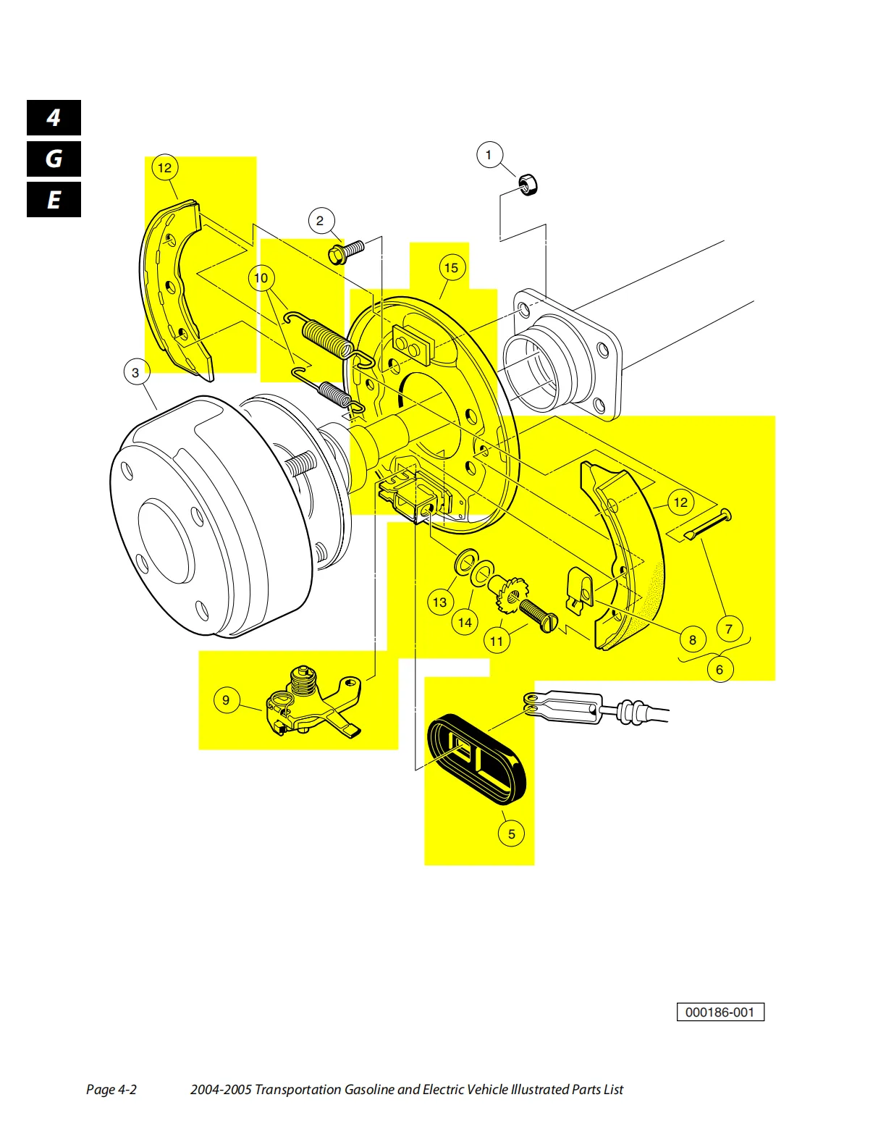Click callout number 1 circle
[489, 155]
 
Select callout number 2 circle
[320, 221]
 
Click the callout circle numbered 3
[135, 373]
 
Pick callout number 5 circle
[511, 833]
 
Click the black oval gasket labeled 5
[476, 760]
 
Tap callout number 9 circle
[226, 700]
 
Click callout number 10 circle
[261, 278]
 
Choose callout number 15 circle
[451, 268]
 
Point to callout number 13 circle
[440, 602]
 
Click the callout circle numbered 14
[465, 622]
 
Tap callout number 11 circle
[497, 641]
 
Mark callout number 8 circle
[693, 639]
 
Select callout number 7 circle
[729, 629]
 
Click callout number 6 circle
[720, 670]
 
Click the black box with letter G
[54, 159]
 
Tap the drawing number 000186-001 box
[720, 1012]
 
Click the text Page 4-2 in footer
[111, 1090]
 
